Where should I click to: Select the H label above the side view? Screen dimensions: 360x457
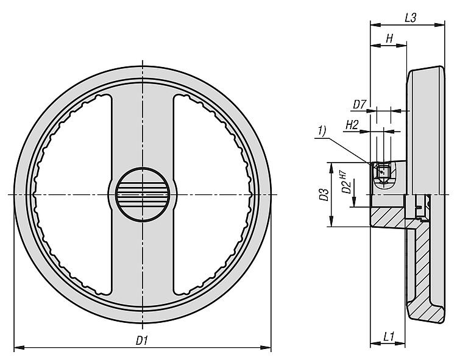click(x=388, y=39)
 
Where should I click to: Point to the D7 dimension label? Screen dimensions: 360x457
click(x=360, y=105)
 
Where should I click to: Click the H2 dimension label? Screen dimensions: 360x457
click(x=352, y=125)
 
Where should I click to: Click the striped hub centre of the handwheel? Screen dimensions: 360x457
click(x=143, y=194)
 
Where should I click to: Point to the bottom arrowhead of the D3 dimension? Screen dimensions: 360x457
click(x=331, y=224)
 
